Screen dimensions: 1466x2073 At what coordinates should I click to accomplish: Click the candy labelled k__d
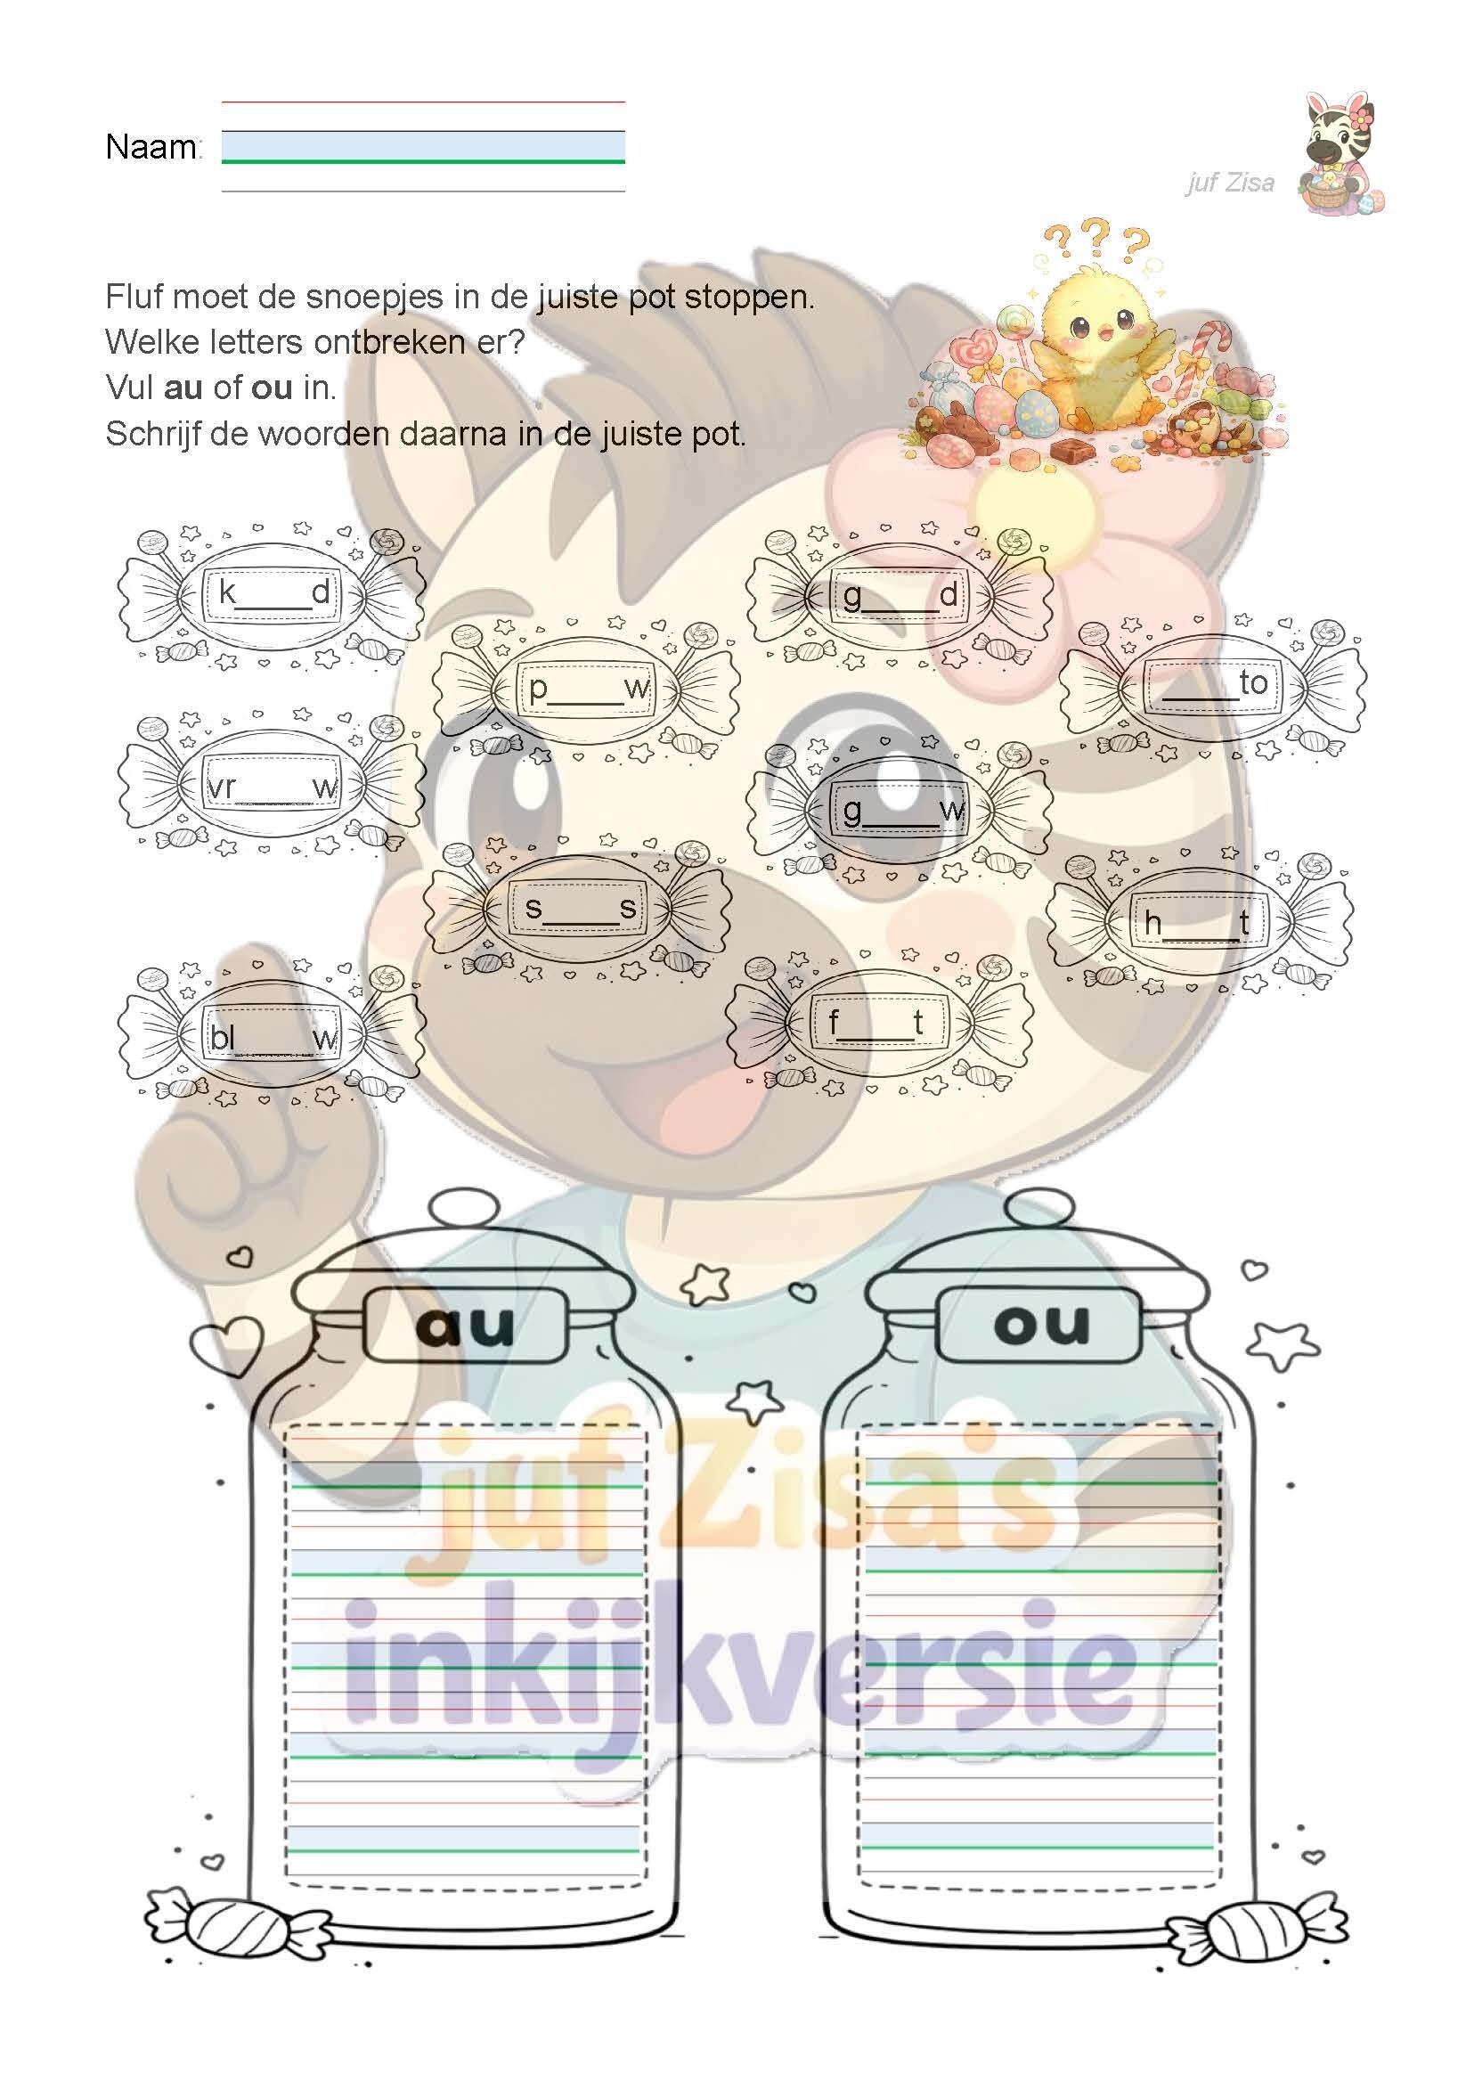pos(271,593)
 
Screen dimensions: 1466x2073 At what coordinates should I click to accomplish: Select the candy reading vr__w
pos(271,788)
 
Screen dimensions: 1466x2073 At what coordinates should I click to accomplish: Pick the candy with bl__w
pos(271,1038)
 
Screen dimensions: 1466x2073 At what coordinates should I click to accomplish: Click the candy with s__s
pos(578,908)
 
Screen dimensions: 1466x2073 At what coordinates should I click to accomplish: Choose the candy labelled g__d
pos(899,595)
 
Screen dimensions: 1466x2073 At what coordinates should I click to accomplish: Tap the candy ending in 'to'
pos(1212,683)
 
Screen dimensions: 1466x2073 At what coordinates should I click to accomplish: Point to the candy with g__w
pos(899,810)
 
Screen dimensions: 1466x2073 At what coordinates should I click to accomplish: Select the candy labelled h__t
pos(1200,922)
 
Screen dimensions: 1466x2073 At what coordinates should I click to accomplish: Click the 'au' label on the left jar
pos(466,1326)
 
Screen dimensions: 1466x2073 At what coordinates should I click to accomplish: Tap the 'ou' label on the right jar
pos(1040,1324)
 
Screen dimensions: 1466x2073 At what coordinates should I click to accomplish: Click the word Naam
pos(151,146)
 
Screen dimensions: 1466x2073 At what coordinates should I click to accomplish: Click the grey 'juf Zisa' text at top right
pos(1230,184)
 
